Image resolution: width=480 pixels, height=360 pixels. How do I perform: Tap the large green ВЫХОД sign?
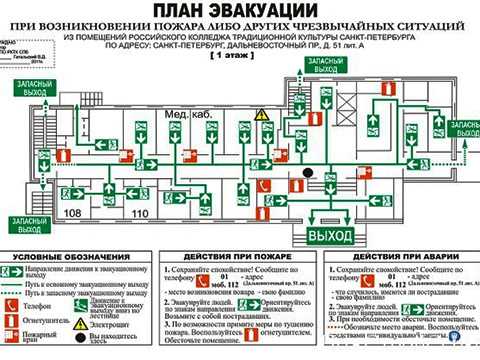(329, 236)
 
